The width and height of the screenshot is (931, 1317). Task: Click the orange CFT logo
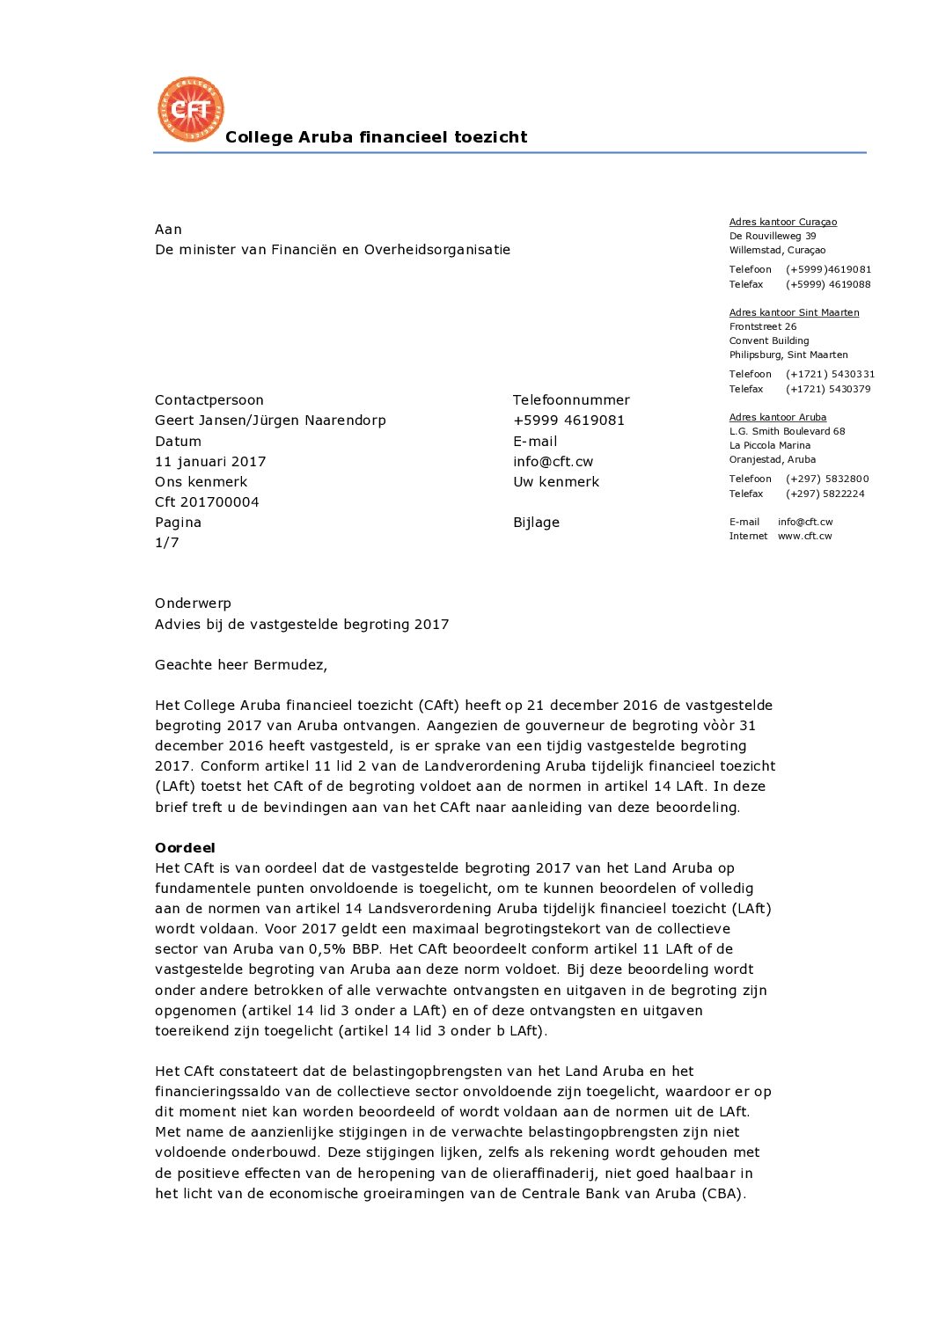tap(191, 109)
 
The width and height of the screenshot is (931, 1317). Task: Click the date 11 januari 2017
tap(210, 462)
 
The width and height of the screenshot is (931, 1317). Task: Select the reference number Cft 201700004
tap(207, 502)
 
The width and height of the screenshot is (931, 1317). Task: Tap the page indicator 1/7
tap(167, 543)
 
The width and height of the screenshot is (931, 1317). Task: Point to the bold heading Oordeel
tap(185, 848)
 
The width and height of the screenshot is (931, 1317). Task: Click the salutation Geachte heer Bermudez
tap(241, 665)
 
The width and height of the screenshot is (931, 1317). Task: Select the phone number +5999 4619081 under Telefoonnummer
tap(568, 421)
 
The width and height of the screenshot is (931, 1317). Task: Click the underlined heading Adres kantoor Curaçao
tap(782, 223)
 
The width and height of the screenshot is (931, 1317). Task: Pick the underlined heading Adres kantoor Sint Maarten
tap(794, 313)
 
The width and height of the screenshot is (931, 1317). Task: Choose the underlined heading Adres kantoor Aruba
tap(777, 418)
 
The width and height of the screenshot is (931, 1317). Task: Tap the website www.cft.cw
tap(804, 537)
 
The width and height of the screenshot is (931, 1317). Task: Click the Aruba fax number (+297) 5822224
tap(825, 494)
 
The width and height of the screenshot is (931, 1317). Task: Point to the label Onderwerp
tap(193, 604)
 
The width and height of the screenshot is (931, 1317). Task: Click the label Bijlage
tap(536, 523)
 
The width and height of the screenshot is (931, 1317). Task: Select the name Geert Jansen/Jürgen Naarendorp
tap(270, 421)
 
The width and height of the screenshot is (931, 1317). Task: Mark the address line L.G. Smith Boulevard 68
tap(787, 432)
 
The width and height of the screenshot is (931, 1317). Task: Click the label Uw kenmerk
tap(556, 482)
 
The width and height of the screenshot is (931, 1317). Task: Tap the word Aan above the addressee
tap(168, 230)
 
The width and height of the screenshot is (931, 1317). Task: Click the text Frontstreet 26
tap(762, 327)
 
